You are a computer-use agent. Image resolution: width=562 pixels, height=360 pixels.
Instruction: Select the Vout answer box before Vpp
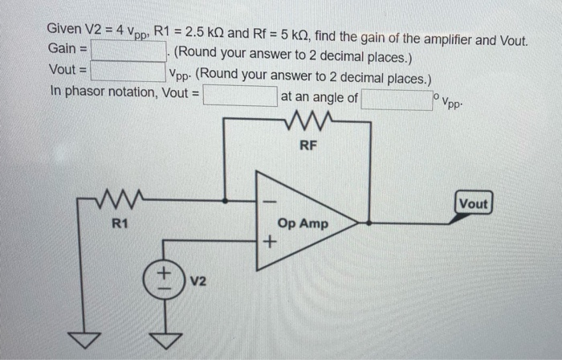(128, 71)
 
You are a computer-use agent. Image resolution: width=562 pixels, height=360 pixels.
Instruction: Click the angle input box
(396, 99)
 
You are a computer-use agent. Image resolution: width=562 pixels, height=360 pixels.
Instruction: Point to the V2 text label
(199, 282)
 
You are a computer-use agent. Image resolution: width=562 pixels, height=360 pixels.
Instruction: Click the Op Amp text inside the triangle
(303, 223)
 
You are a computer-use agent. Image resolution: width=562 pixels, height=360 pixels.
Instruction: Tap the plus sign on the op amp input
(270, 241)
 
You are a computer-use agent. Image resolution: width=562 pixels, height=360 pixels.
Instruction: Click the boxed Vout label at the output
(473, 203)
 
